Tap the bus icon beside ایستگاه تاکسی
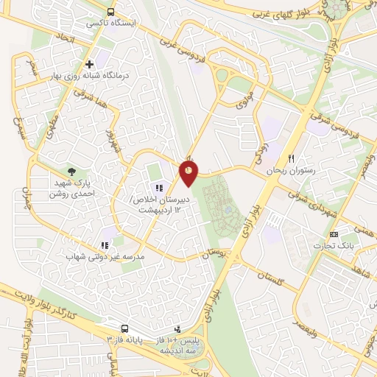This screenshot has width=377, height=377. (x=110, y=13)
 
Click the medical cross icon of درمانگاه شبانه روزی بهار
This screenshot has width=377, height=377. (x=90, y=64)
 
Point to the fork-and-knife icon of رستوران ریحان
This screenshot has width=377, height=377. (x=292, y=158)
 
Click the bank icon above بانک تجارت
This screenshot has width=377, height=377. (x=334, y=234)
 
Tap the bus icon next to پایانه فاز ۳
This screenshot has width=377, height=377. (x=125, y=329)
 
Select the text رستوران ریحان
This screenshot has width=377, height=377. (x=295, y=170)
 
